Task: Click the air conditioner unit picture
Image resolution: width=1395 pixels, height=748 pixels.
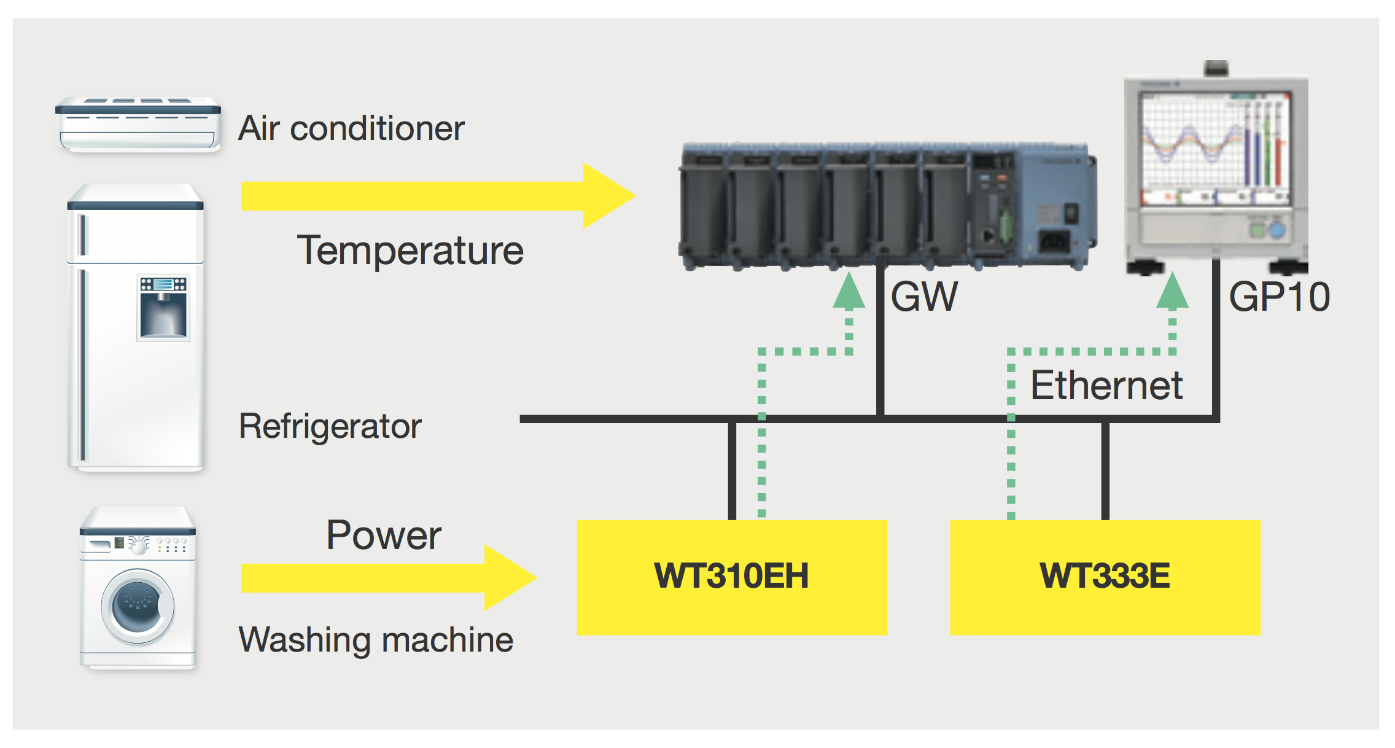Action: click(x=138, y=124)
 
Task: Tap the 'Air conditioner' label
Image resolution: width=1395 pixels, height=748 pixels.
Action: click(x=351, y=128)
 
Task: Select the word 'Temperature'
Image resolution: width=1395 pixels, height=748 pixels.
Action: click(x=410, y=251)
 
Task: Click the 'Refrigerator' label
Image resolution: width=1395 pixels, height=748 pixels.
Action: click(x=330, y=426)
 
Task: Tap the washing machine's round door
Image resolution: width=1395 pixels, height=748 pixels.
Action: click(x=138, y=606)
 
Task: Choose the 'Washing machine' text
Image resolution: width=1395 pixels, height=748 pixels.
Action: click(x=376, y=640)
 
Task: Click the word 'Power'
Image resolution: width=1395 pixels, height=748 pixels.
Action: click(x=384, y=535)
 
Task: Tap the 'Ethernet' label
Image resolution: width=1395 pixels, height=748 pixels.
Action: click(x=1106, y=385)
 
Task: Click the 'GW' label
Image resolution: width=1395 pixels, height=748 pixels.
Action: click(x=924, y=297)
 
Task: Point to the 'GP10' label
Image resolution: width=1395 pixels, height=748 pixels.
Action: click(x=1280, y=297)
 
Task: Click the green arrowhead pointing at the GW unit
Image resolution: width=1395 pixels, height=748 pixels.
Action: click(x=849, y=292)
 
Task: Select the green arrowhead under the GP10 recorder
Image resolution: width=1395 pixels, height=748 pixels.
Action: click(x=1172, y=292)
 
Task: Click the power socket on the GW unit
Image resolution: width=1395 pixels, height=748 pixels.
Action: click(x=1054, y=241)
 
